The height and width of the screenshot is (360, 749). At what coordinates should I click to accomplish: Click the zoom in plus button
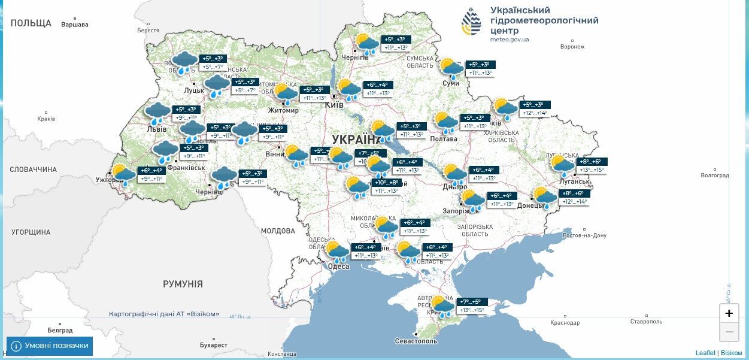point(729,313)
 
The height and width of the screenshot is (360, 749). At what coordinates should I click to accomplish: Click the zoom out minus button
point(729,331)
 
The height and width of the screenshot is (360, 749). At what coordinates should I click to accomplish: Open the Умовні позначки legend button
point(50,346)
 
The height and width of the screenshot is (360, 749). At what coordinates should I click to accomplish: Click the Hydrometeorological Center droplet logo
point(471,22)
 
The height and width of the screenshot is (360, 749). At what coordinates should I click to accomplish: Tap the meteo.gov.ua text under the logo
point(510,40)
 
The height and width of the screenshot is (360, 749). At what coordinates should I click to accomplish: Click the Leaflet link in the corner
point(705,353)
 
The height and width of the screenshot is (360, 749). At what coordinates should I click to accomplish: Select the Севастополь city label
point(416,341)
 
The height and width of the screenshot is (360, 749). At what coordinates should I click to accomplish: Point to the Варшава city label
point(74,25)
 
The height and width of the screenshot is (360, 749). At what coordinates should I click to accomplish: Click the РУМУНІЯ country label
point(183,284)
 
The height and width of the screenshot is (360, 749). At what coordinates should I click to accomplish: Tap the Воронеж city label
point(572,46)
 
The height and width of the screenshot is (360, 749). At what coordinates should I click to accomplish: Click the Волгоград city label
point(714,176)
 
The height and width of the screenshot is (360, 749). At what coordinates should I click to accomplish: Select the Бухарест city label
point(214,345)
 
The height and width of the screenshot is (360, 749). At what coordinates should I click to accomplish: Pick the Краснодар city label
point(565,322)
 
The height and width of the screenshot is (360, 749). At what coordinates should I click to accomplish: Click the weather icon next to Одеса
point(337,252)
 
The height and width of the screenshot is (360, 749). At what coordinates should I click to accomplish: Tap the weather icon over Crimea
point(443,305)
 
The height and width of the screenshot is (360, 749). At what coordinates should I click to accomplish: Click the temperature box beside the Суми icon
point(479,69)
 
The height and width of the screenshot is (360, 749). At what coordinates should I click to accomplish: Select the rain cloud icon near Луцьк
point(217,86)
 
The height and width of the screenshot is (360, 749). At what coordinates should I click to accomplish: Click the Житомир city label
point(284,110)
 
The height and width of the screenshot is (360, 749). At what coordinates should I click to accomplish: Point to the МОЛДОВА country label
point(278,231)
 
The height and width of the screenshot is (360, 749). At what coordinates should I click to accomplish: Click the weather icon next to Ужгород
point(124,175)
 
